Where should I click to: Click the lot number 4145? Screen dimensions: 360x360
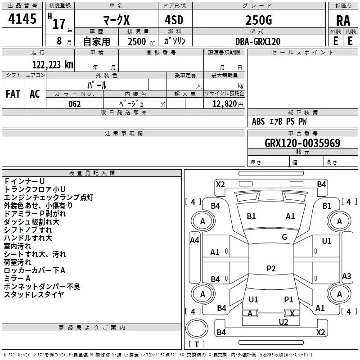[x=22, y=19]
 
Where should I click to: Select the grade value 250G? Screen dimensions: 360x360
[x=259, y=20]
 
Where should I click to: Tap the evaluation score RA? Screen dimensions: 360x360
[x=343, y=21]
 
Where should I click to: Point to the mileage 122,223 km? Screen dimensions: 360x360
[x=53, y=65]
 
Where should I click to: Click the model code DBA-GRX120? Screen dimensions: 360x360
[x=258, y=41]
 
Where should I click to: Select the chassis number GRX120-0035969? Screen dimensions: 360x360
[x=302, y=143]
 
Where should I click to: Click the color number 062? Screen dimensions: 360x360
[x=75, y=104]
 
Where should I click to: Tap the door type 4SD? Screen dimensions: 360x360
[x=174, y=20]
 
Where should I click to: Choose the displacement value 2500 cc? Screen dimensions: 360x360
[x=141, y=41]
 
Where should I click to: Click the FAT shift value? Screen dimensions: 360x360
[x=13, y=94]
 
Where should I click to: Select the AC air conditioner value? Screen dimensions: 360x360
[x=35, y=94]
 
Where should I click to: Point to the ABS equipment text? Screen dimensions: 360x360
[x=258, y=121]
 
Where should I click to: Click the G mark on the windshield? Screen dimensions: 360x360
[x=284, y=237]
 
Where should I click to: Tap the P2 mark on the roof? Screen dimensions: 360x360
[x=271, y=268]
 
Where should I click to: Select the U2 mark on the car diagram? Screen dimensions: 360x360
[x=283, y=322]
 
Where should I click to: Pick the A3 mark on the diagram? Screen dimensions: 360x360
[x=346, y=276]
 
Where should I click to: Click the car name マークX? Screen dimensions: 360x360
[x=117, y=20]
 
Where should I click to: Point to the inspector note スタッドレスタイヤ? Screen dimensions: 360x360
[x=34, y=295]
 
